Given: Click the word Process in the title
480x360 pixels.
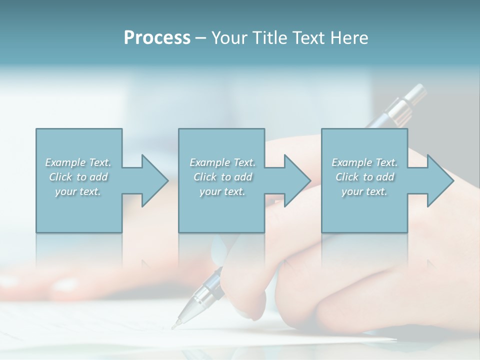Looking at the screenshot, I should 157,38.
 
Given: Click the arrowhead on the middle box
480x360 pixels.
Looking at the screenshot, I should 297,181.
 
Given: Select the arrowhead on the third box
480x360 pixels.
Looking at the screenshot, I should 440,181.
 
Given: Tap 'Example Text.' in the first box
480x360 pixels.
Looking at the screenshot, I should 78,162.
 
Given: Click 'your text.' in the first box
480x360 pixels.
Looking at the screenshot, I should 78,191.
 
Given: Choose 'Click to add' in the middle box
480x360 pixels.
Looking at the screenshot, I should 222,177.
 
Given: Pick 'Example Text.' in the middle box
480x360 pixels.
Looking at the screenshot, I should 222,162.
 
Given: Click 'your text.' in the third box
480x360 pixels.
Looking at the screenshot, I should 364,191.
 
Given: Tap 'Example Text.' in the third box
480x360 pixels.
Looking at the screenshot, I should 364,162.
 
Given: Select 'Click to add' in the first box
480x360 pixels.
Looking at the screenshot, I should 78,177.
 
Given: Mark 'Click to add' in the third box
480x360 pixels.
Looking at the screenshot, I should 364,177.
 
